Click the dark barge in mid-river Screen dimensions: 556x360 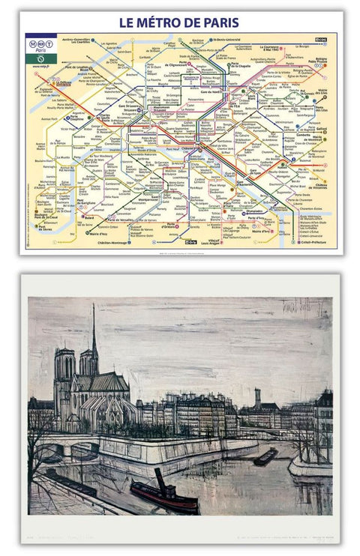point(265,456)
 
